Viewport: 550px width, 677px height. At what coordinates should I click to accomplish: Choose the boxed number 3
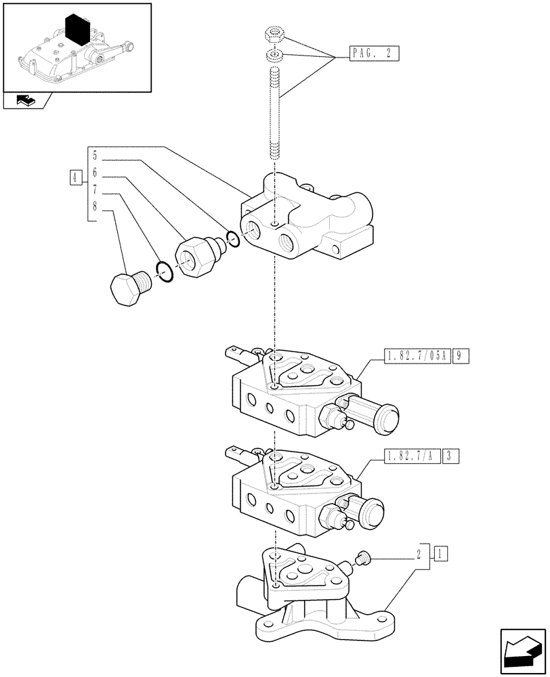tap(450, 456)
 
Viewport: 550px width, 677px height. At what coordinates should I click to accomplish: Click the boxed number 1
tap(440, 554)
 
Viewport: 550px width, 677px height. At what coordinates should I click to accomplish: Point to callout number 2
tap(419, 554)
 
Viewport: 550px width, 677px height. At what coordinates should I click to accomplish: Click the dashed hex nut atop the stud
tap(275, 35)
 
